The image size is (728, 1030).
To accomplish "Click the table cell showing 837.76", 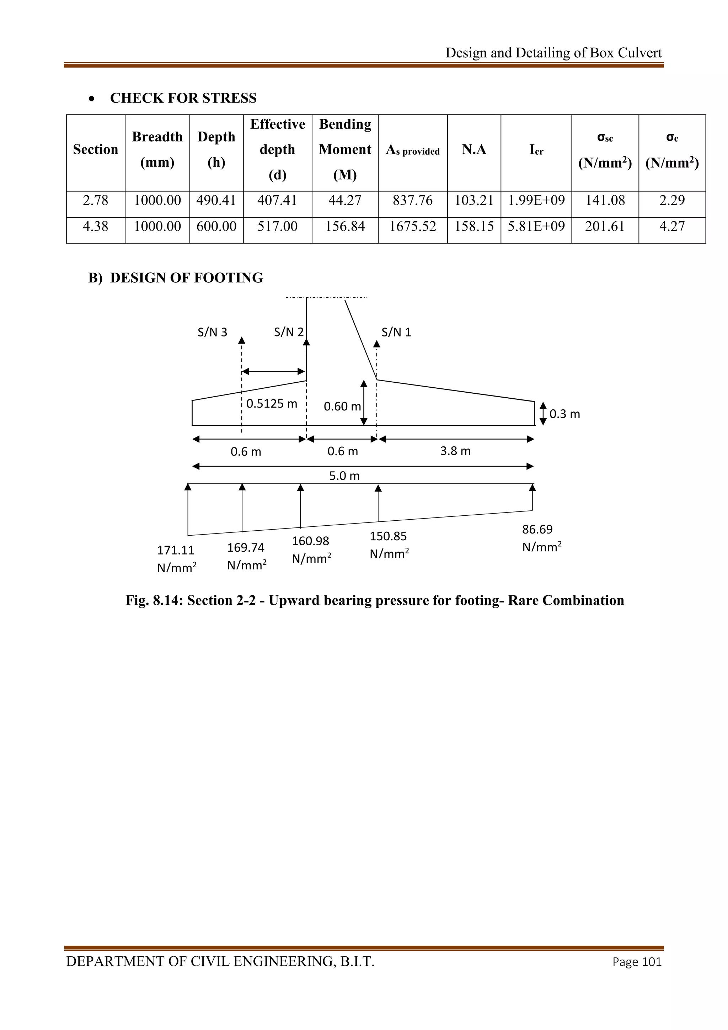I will (x=412, y=200).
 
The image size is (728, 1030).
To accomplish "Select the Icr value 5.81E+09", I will (x=536, y=226).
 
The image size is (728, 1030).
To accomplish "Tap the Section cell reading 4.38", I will (x=96, y=226).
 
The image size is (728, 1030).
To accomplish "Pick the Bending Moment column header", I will (x=345, y=149).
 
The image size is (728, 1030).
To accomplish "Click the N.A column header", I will (x=474, y=149).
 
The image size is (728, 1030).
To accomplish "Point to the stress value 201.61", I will (x=605, y=226).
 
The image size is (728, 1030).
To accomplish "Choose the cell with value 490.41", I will (x=216, y=200).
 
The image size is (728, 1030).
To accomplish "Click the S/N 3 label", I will (x=213, y=333).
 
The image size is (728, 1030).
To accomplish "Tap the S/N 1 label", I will (x=396, y=333).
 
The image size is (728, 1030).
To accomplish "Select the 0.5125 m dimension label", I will (x=272, y=404).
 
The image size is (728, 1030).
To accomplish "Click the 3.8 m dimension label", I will (x=455, y=451).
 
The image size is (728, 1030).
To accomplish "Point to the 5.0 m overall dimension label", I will (x=344, y=476).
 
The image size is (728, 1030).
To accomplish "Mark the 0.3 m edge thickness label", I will (x=564, y=414).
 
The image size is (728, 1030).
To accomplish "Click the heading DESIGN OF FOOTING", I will (x=187, y=278).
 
